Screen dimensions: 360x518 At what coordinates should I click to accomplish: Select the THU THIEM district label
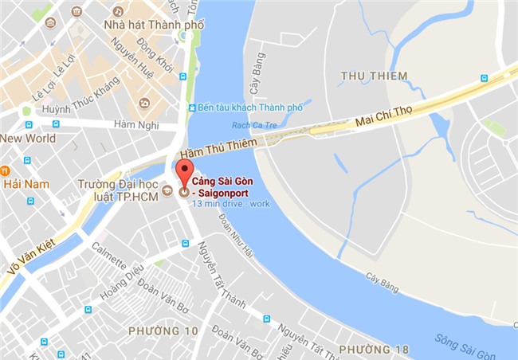coord(373,76)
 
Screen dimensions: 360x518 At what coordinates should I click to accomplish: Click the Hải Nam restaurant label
coord(26,184)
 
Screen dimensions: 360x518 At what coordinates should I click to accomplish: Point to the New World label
coord(28,138)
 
